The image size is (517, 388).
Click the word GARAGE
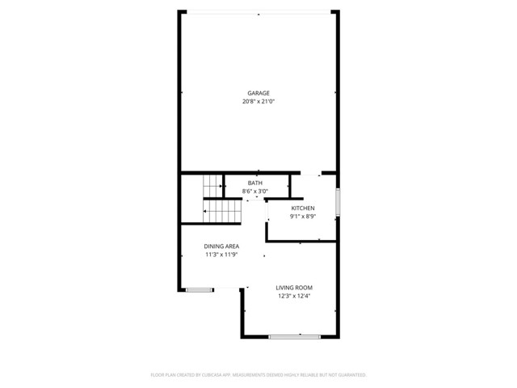pos(258,93)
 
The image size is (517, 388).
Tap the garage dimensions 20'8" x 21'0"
pos(258,101)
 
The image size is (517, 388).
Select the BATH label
pos(255,183)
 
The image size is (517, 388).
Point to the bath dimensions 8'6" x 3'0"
pos(255,192)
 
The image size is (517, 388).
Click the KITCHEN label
pos(303,209)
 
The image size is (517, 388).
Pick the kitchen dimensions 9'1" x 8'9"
pos(303,217)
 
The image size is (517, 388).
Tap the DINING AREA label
pos(221,247)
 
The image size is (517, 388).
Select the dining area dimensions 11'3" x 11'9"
pos(221,255)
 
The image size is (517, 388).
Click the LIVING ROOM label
pos(294,288)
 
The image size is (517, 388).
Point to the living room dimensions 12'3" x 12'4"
pos(294,296)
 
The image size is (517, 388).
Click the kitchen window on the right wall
pos(338,202)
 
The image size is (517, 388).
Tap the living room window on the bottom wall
pos(295,336)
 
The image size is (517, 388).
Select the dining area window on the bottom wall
pos(200,289)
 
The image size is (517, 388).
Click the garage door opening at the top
pos(258,11)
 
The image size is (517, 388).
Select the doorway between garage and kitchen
pos(311,175)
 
